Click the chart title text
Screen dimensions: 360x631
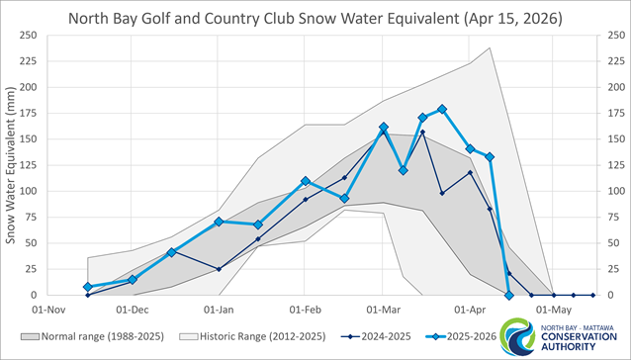pos(315,17)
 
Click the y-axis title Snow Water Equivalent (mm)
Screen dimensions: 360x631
pos(12,164)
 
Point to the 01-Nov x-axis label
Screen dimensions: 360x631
pos(49,309)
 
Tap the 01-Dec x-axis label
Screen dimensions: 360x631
pos(134,309)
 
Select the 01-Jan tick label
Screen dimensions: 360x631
pos(220,309)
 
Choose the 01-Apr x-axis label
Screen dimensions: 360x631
pos(467,309)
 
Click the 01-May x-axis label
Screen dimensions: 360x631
pos(550,309)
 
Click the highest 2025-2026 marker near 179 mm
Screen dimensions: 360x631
pos(442,109)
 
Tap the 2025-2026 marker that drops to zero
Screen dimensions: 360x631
pos(509,295)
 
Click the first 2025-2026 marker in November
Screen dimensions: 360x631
pos(88,287)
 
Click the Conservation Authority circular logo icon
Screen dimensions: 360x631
pos(519,336)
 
